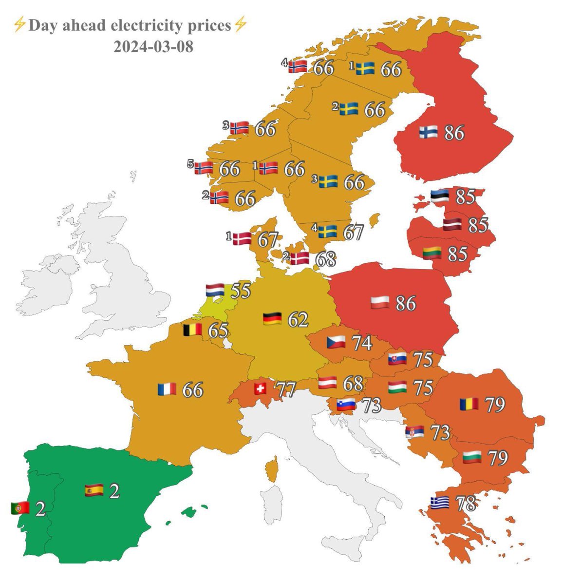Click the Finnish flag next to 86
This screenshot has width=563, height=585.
tap(428, 132)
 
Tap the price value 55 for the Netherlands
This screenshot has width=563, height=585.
tap(241, 291)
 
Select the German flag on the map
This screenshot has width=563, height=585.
tap(272, 319)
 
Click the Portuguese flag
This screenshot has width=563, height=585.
tap(20, 508)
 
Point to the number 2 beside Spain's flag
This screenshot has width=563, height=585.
tap(114, 491)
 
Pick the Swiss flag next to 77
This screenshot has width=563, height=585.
tap(261, 389)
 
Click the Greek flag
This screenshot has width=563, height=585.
tap(440, 502)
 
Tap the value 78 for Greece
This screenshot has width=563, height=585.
tap(466, 504)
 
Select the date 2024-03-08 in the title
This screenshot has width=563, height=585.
tap(153, 47)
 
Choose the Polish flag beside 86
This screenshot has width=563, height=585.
tap(380, 303)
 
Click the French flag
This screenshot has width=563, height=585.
tap(167, 389)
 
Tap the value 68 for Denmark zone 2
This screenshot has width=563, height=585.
tap(325, 259)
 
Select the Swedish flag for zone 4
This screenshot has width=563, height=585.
tap(328, 231)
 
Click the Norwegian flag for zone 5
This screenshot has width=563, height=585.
tap(204, 168)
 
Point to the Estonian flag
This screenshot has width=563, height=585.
tap(440, 196)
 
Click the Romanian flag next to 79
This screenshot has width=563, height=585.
tap(469, 404)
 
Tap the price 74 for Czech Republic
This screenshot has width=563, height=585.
tap(362, 343)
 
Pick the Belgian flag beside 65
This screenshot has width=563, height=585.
tap(192, 330)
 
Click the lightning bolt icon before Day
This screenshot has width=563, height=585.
tap(19, 25)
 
